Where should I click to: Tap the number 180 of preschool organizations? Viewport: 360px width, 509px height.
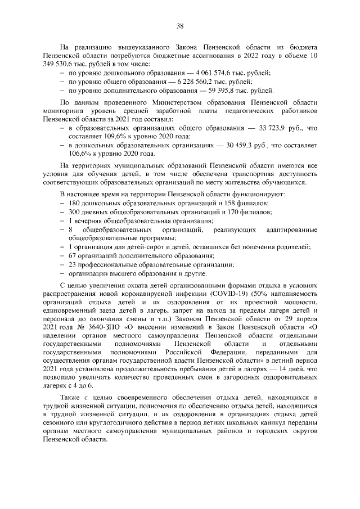(74, 202)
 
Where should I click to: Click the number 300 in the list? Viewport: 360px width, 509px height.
(74, 211)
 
